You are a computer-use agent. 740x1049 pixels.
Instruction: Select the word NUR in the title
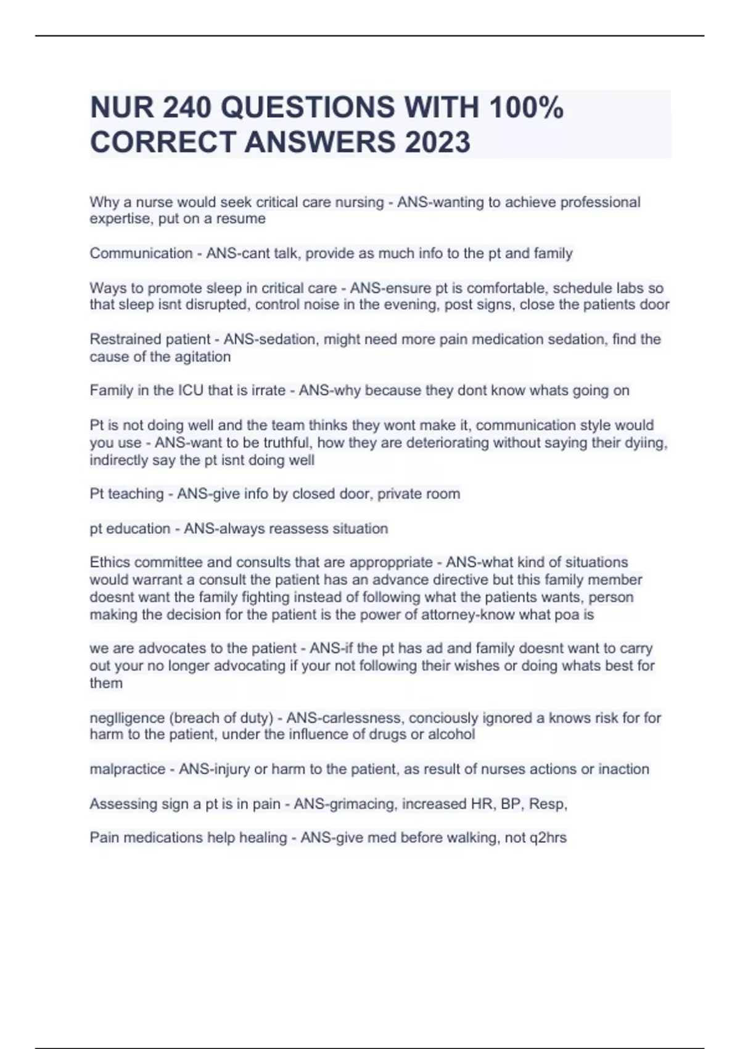pos(121,107)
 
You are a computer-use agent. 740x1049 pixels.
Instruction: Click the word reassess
pos(300,529)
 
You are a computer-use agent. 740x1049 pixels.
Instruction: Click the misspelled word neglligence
pos(126,718)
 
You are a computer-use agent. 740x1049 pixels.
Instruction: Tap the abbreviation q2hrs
pos(548,838)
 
